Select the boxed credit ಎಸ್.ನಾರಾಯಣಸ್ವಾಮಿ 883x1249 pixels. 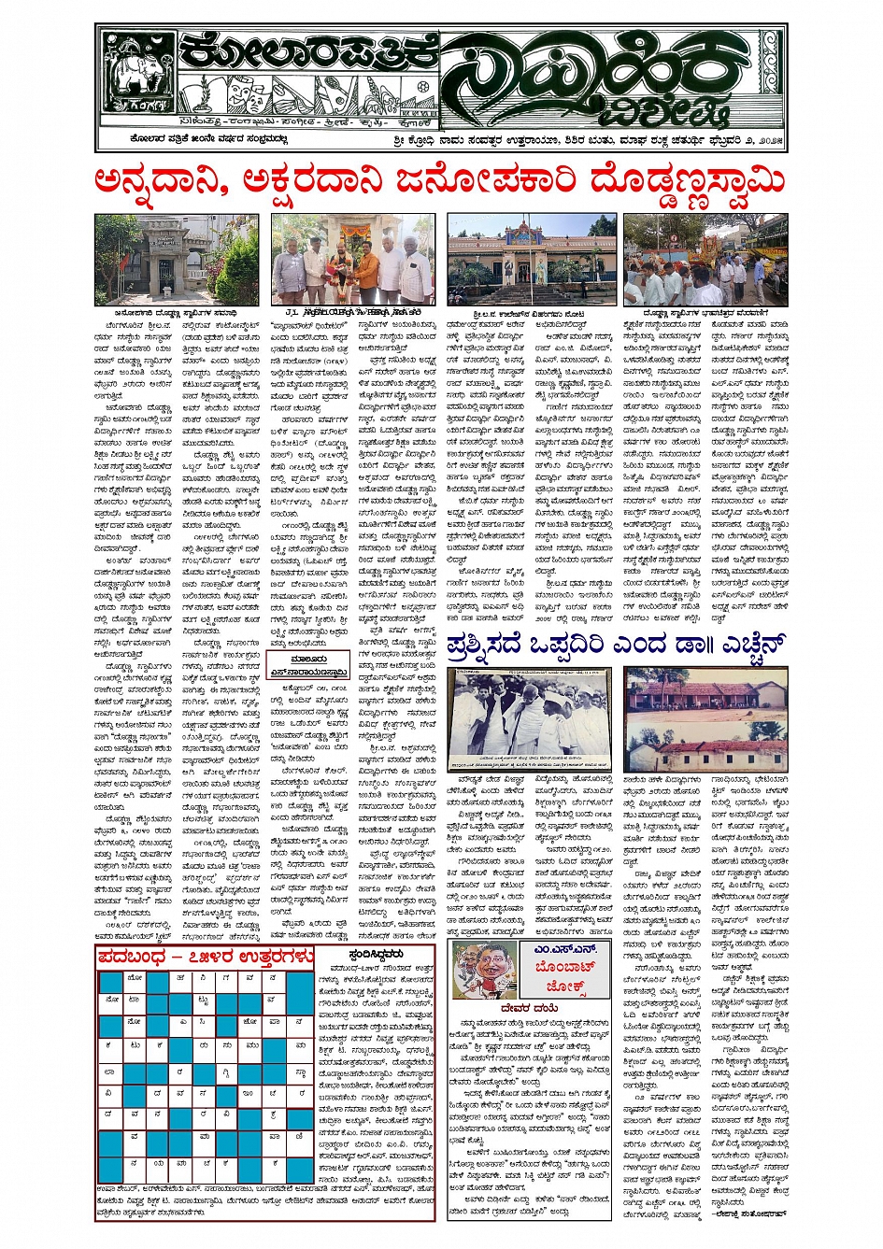click(x=309, y=671)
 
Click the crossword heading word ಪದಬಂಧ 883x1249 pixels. click(x=141, y=956)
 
